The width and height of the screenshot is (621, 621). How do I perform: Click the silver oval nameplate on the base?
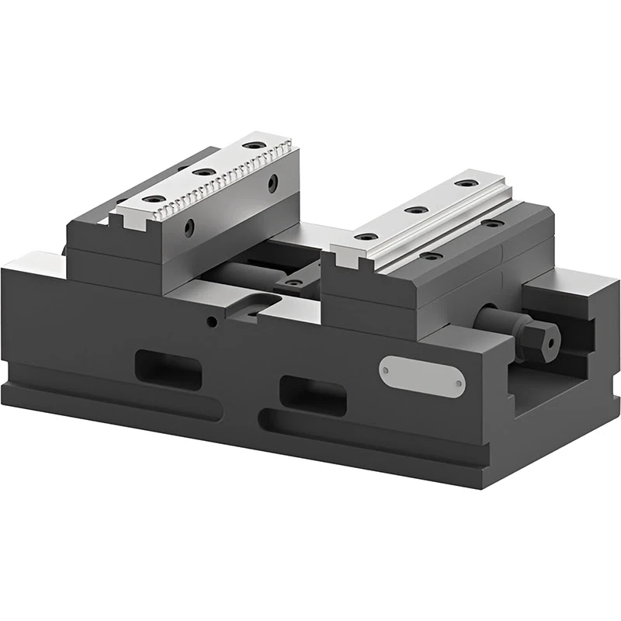(x=422, y=376)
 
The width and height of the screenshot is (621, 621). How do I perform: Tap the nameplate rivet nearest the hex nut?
(x=460, y=383)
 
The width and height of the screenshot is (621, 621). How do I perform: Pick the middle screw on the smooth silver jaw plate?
(x=416, y=210)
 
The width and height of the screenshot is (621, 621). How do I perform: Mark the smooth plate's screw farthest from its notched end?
(x=466, y=183)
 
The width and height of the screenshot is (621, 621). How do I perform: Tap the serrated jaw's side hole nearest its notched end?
(x=189, y=227)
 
